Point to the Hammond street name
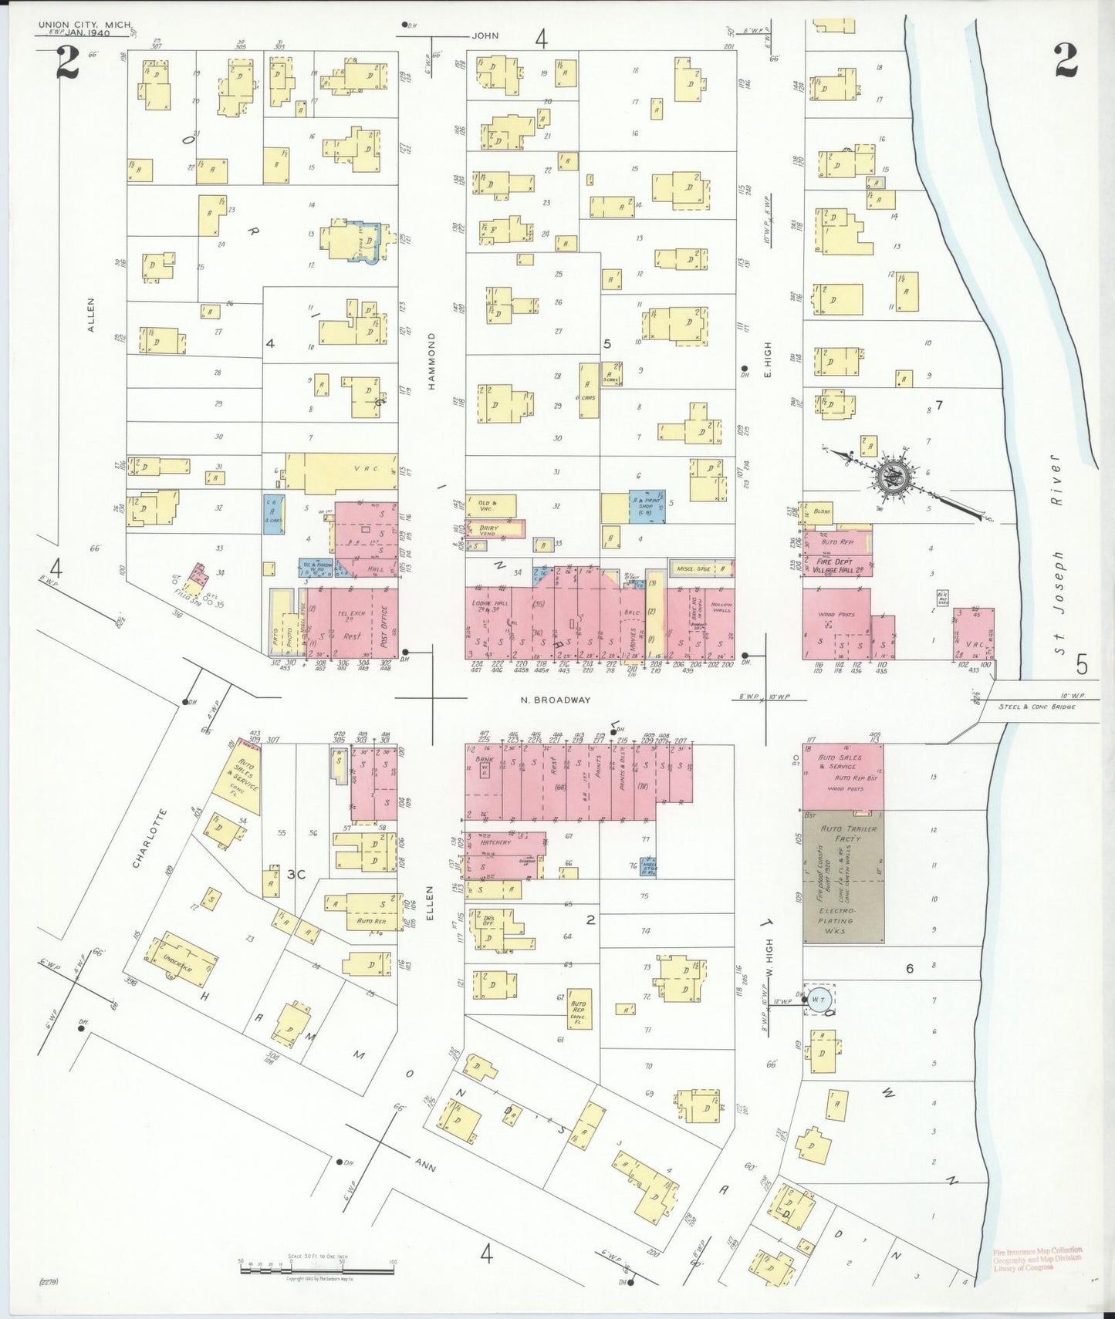(432, 361)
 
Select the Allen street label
(91, 315)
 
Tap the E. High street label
(767, 359)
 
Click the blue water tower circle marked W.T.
(818, 998)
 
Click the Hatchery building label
(495, 842)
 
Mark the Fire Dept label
(834, 562)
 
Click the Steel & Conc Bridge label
(1036, 707)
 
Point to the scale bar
(316, 1268)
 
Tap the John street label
(485, 35)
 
